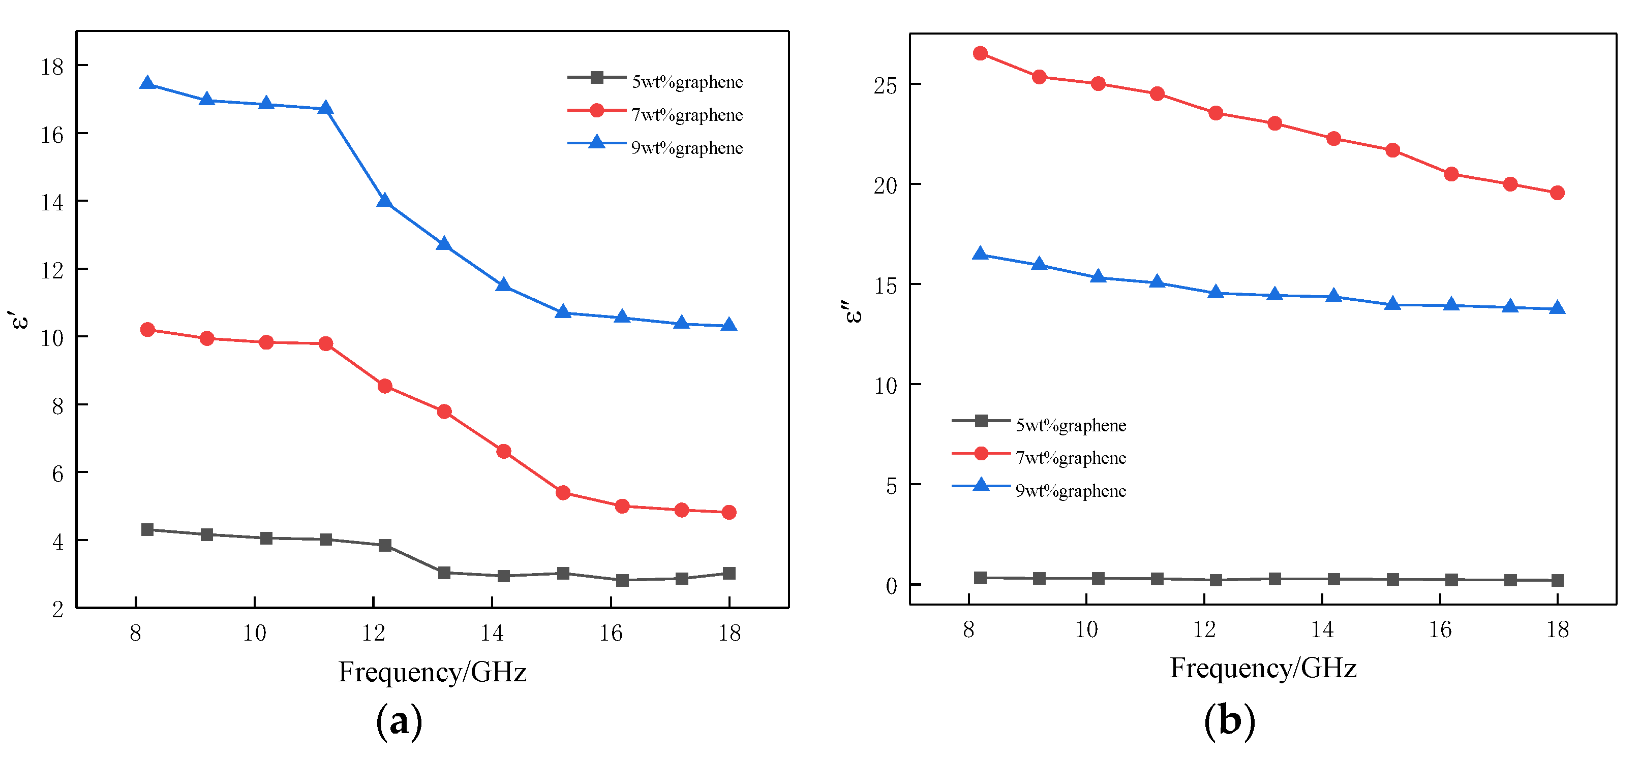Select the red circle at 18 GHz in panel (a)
click(x=729, y=512)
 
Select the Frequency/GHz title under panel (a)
click(x=432, y=672)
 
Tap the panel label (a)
click(x=399, y=721)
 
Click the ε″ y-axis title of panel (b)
click(x=852, y=312)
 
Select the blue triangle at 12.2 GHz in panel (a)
click(x=384, y=200)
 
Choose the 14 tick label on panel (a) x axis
click(x=492, y=633)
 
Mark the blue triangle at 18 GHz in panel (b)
click(x=1557, y=308)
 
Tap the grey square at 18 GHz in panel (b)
click(x=1557, y=580)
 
